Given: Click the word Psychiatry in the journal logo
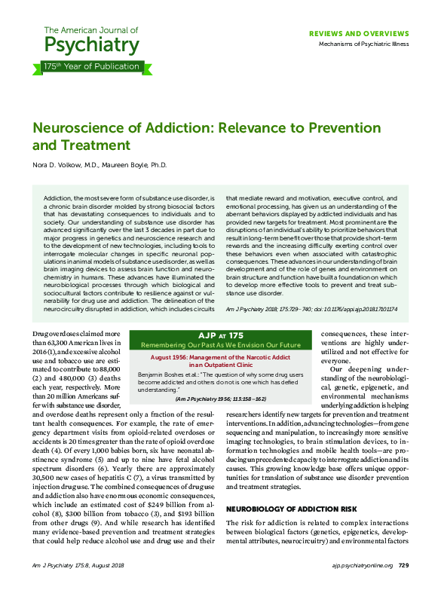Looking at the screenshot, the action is point(92,44).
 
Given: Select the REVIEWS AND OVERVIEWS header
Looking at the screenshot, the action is point(359,34).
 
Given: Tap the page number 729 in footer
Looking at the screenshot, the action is point(403,564).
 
